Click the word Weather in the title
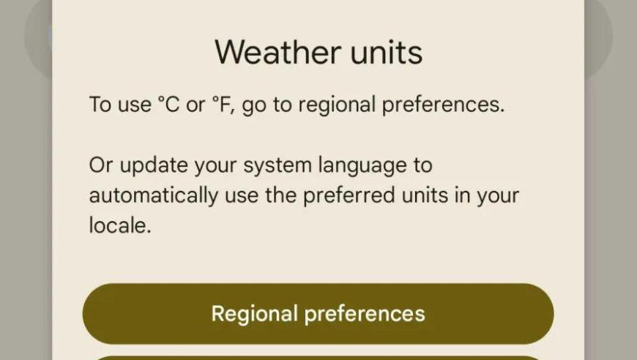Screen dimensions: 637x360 (x=278, y=52)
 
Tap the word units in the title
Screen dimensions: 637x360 (x=387, y=53)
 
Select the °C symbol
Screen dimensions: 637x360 (x=168, y=105)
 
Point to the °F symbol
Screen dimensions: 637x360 (x=223, y=105)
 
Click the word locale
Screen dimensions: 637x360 (x=120, y=225)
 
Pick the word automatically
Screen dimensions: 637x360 (x=154, y=195)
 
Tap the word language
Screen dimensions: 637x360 (x=362, y=166)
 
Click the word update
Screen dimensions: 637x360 (x=154, y=166)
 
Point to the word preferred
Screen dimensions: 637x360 (x=349, y=195)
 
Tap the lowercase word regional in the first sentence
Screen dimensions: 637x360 (x=337, y=105)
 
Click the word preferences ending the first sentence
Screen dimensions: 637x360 (x=443, y=105)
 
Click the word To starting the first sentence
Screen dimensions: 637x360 (x=100, y=105)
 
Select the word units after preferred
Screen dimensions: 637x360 (x=425, y=195)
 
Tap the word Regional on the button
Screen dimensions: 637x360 (x=255, y=314)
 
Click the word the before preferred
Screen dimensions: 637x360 (x=281, y=195)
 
